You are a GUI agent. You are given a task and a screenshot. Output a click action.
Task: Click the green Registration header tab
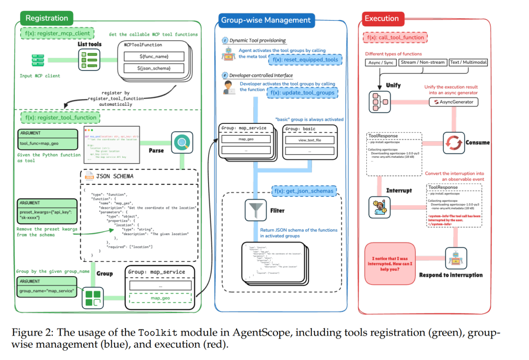click(47, 19)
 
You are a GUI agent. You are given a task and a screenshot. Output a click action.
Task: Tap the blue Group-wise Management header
click(266, 20)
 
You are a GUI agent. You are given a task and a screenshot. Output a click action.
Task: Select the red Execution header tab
click(382, 19)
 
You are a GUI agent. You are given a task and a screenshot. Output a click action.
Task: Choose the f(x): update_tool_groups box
click(302, 93)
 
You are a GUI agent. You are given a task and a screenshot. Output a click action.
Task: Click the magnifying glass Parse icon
click(181, 143)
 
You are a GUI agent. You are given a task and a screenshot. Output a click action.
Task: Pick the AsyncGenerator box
click(453, 102)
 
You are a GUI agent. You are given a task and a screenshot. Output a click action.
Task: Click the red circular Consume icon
click(453, 143)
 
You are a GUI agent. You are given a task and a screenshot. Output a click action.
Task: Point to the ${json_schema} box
click(154, 68)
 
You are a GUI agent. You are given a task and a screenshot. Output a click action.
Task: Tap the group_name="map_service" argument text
click(47, 291)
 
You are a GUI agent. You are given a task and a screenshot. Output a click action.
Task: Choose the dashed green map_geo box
click(160, 298)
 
